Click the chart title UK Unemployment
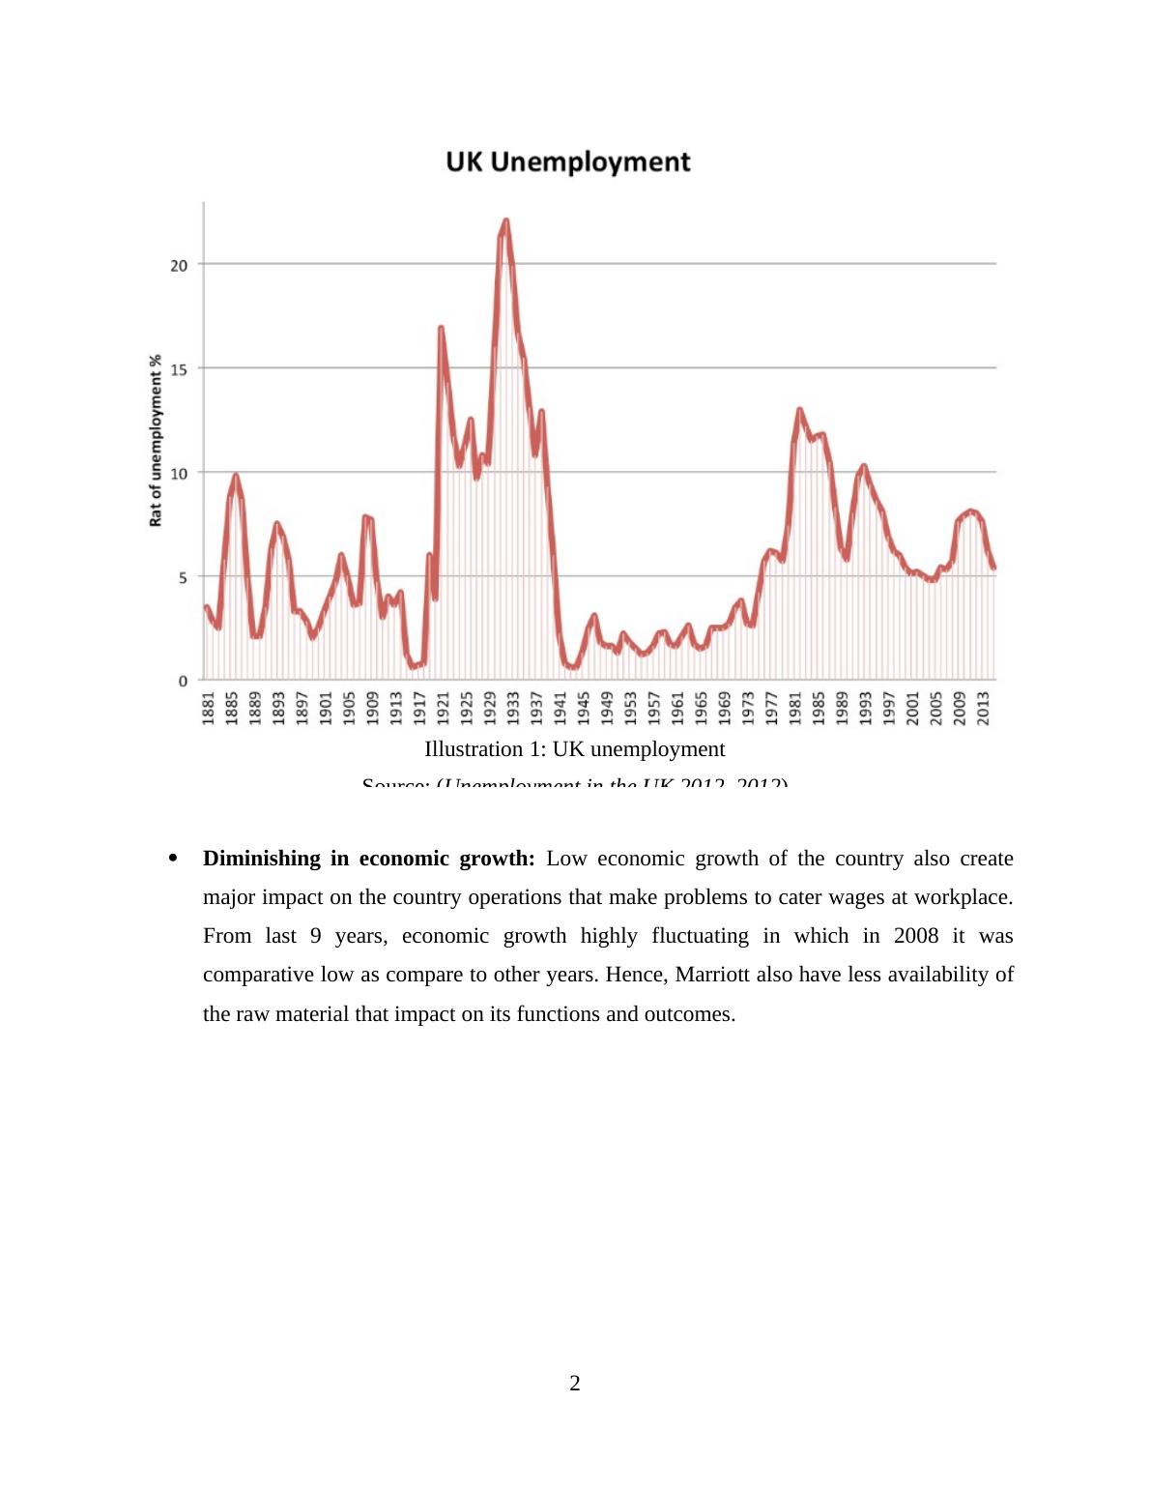pos(568,161)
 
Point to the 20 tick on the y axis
pos(180,264)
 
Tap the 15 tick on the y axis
pos(180,368)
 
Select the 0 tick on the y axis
pos(183,681)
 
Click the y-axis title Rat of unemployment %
pos(155,440)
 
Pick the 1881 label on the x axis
pos(208,707)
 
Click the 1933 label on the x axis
pos(513,707)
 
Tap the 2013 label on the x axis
pos(983,707)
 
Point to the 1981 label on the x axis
pos(794,707)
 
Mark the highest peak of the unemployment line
pos(505,221)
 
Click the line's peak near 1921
pos(441,328)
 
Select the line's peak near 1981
pos(799,410)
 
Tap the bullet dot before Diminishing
pos(173,859)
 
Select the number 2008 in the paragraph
pos(916,936)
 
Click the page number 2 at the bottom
pos(575,1384)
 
